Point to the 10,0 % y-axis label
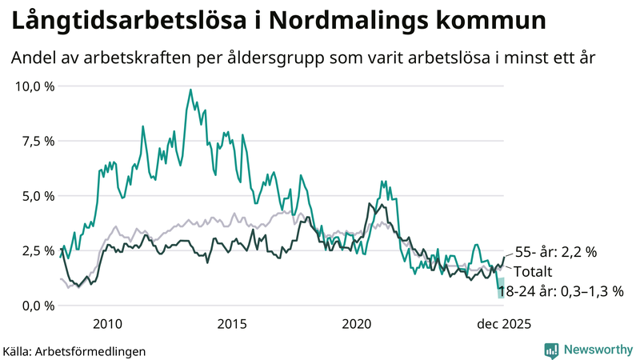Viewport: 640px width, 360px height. [35, 86]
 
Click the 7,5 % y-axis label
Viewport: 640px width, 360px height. [38, 141]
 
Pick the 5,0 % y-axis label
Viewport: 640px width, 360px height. [38, 196]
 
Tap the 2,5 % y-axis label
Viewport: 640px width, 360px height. [38, 250]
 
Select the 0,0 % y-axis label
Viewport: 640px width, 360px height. [38, 306]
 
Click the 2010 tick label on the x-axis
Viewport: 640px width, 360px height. [107, 324]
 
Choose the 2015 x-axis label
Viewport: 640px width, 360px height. [232, 324]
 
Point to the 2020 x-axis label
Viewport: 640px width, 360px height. [357, 324]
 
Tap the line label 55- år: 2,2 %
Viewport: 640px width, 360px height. [555, 252]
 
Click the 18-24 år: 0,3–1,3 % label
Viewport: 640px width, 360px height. [560, 291]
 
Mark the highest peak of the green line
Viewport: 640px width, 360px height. [190, 90]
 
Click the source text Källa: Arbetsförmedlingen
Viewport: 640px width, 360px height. [74, 350]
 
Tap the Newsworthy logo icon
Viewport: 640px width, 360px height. [551, 350]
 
